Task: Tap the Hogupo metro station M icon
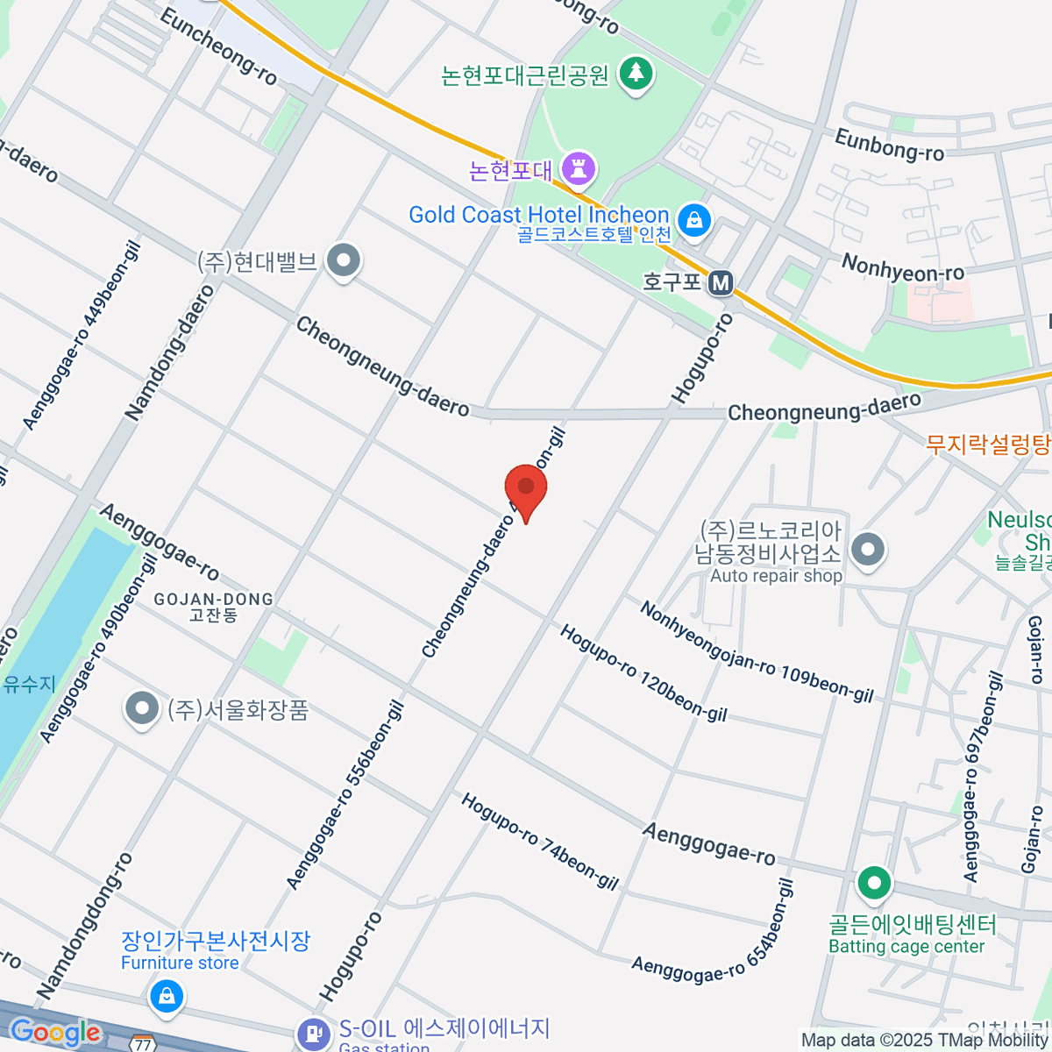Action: [x=721, y=282]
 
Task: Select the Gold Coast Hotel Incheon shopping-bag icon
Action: [x=694, y=219]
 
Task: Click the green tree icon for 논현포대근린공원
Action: [x=636, y=74]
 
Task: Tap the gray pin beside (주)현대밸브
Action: [x=344, y=260]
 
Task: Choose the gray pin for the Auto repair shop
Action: [x=868, y=551]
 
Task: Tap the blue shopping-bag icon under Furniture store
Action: [x=165, y=995]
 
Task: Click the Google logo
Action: [x=55, y=1033]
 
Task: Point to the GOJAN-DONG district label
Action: [x=213, y=600]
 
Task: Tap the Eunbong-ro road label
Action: [x=888, y=146]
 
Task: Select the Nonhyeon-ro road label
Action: [x=902, y=267]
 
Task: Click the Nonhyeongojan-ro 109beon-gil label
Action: [x=756, y=650]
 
